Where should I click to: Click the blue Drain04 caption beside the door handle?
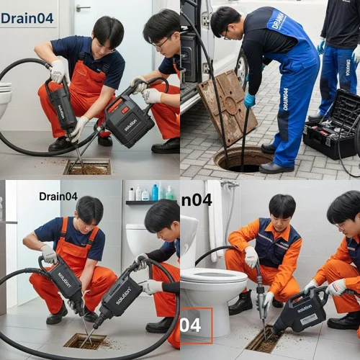pyautogui.click(x=27, y=18)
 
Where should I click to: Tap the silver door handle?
pyautogui.click(x=83, y=8)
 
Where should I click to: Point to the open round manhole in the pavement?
pyautogui.click(x=243, y=158)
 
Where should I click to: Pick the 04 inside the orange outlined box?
pyautogui.click(x=194, y=325)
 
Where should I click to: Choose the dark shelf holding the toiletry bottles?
pyautogui.click(x=151, y=202)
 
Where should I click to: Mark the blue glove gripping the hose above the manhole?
pyautogui.click(x=249, y=100)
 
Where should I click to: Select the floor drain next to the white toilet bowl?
pyautogui.click(x=264, y=339)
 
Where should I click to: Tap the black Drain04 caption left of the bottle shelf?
pyautogui.click(x=58, y=196)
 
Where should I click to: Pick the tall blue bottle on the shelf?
pyautogui.click(x=154, y=192)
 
